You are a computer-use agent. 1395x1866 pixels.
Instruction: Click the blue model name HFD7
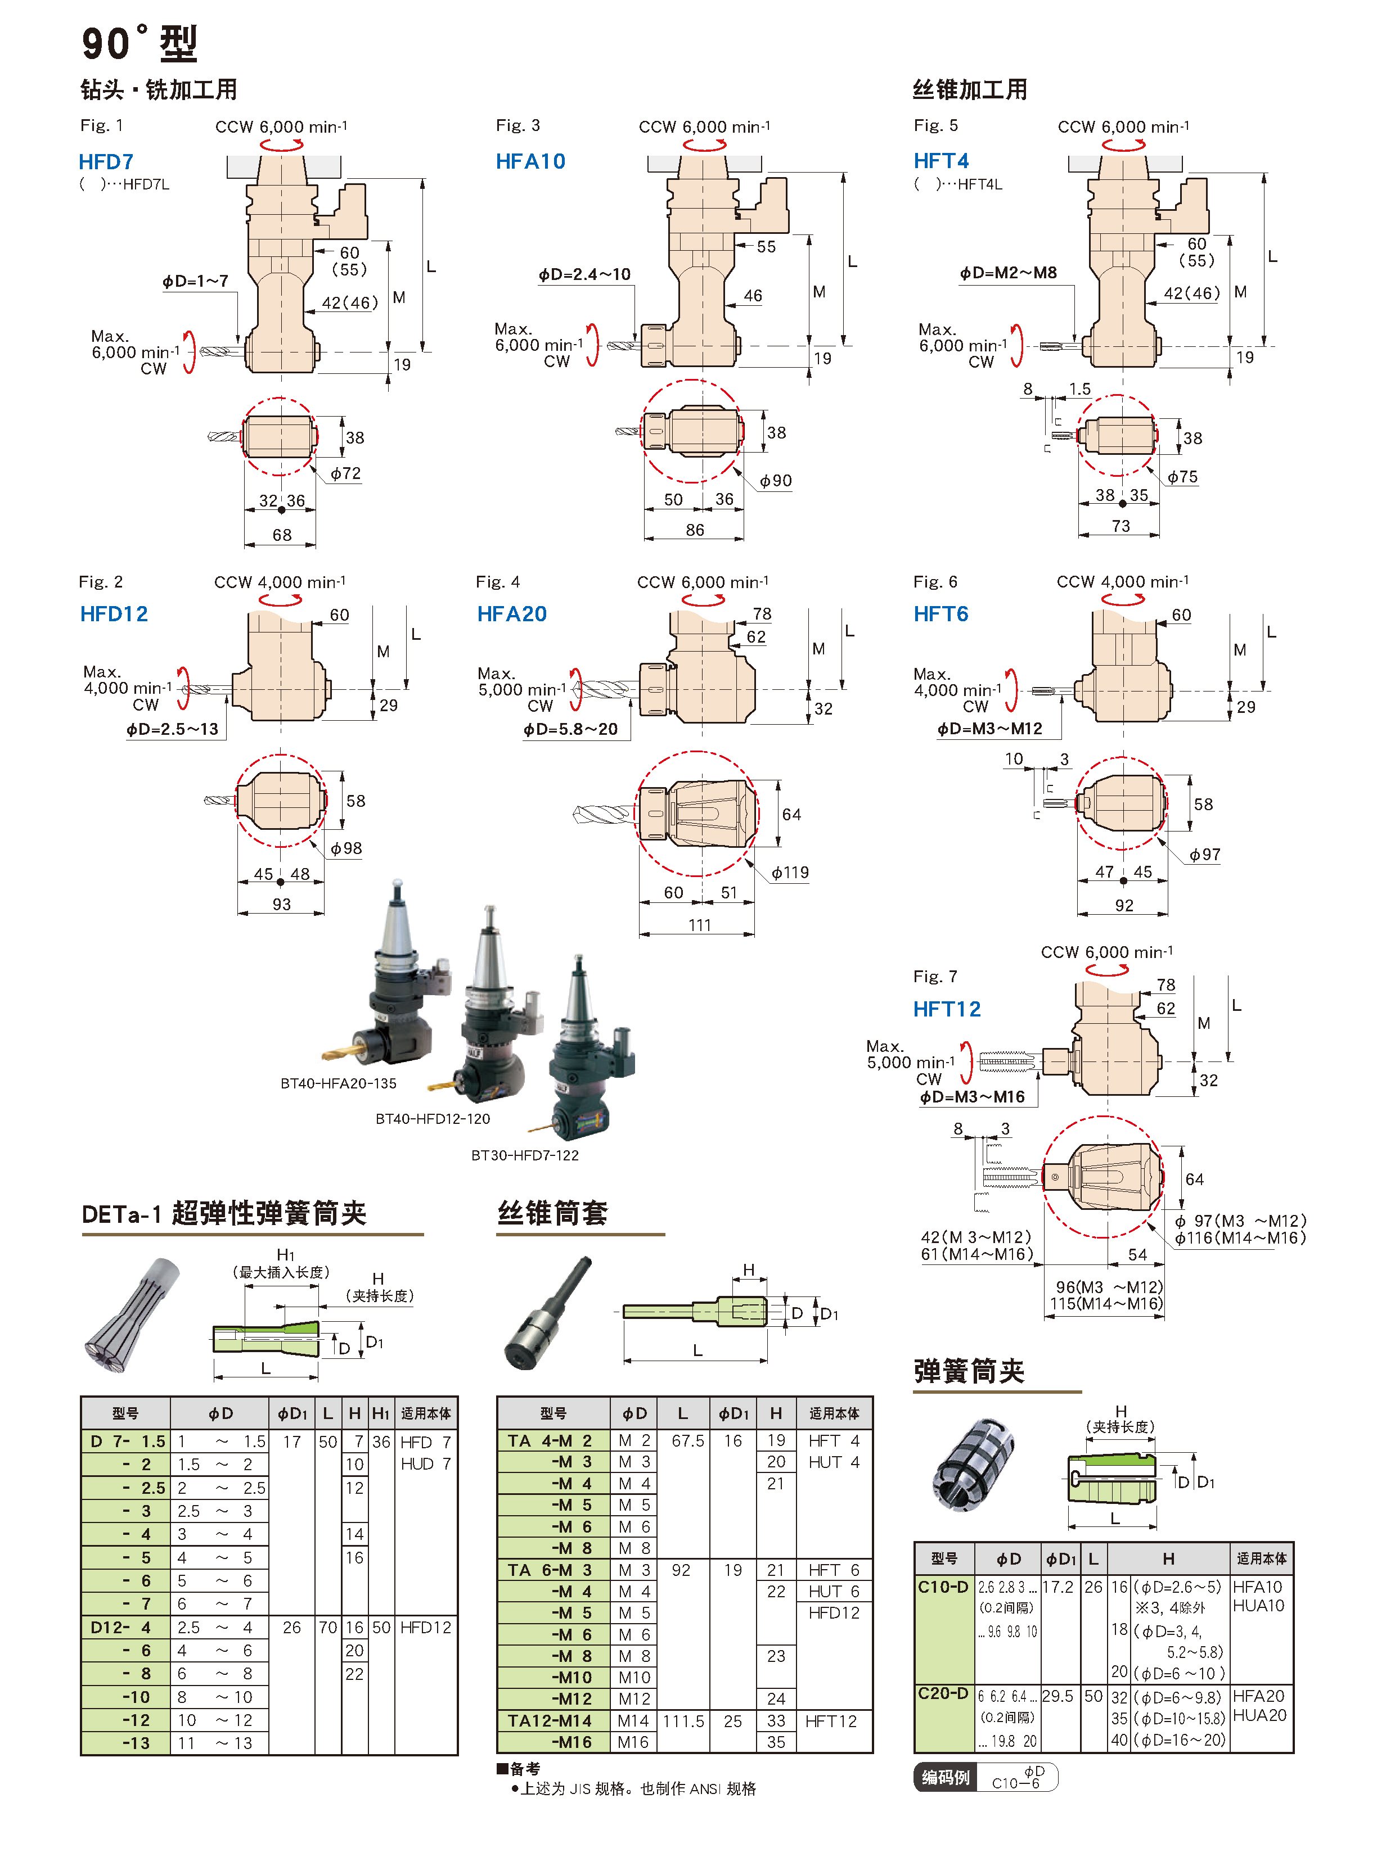[106, 161]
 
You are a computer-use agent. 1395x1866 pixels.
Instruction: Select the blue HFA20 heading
[511, 613]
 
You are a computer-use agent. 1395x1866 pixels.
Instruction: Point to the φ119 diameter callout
[789, 872]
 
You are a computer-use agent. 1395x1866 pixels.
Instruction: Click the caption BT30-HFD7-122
[524, 1155]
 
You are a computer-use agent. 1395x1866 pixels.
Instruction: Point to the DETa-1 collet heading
[224, 1213]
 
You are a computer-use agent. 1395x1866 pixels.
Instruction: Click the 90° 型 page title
[139, 43]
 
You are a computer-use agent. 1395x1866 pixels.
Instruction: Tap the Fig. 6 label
[934, 581]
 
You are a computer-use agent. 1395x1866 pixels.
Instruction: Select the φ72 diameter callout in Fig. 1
[345, 473]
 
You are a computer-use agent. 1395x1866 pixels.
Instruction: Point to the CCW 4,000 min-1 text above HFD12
[280, 582]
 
